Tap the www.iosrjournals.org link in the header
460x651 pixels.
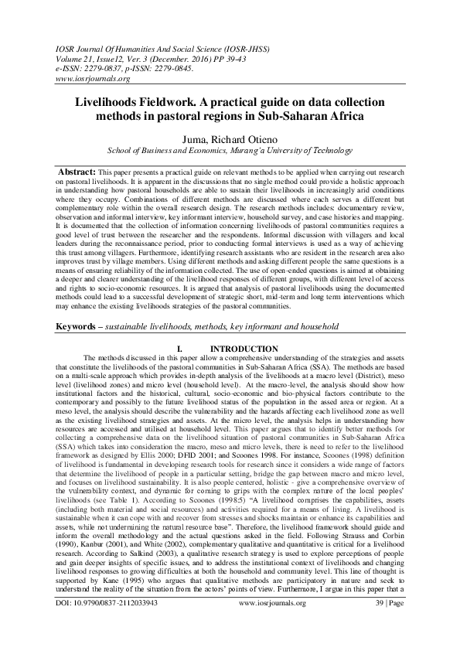tap(87, 79)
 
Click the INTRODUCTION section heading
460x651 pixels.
tap(245, 349)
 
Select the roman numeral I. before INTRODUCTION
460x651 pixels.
tap(179, 349)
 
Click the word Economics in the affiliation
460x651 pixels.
tap(199, 152)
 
